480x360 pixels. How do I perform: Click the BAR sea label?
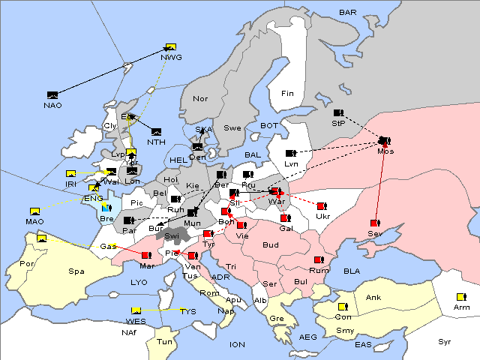coord(347,13)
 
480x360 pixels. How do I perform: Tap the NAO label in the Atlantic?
coord(52,105)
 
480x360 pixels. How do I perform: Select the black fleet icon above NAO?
coord(52,94)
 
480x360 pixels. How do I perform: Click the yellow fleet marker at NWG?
coord(170,46)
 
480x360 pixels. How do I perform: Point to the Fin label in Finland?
coord(287,93)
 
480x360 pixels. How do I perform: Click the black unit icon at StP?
coord(338,113)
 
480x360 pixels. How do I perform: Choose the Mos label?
coord(385,151)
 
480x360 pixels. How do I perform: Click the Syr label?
coord(445,341)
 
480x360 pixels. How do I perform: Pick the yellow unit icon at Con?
coord(343,307)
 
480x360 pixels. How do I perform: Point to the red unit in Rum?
coord(319,260)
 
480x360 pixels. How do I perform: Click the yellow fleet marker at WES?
coord(136,310)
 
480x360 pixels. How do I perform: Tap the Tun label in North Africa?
coord(164,341)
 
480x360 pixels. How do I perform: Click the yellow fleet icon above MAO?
coord(34,211)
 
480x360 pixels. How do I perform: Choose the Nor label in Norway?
coord(200,98)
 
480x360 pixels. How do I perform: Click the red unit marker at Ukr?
coord(321,206)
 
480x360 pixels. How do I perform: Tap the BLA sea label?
coord(352,271)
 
